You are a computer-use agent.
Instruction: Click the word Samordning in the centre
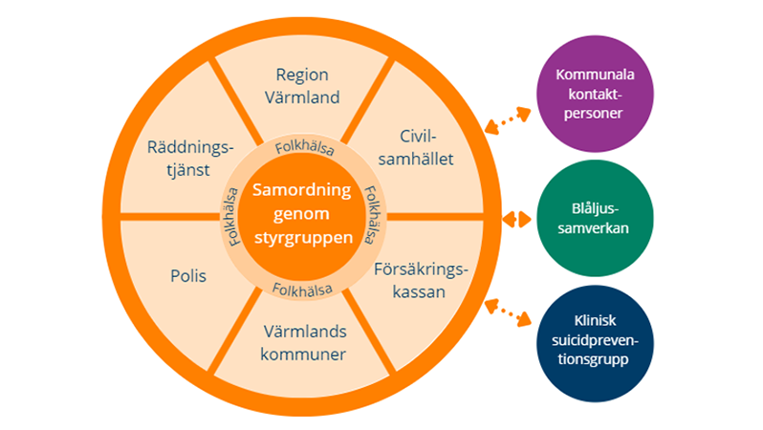[302, 189]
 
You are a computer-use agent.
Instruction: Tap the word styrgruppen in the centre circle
[302, 237]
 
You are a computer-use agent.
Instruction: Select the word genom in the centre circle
[302, 213]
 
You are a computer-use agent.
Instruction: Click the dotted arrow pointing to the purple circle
[507, 119]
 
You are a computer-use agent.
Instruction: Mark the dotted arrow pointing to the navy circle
[507, 312]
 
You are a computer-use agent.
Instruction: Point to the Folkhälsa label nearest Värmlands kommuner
[302, 288]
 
